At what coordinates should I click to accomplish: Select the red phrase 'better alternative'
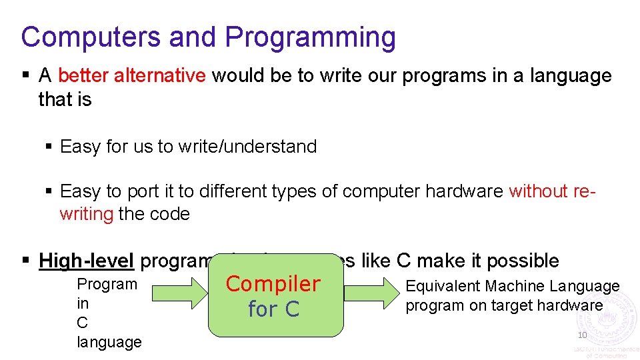pos(132,75)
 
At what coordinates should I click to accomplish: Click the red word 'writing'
pos(87,214)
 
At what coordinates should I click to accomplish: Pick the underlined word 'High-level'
pos(87,261)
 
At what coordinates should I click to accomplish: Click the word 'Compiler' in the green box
pos(273,284)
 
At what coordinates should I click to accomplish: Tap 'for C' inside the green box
pos(273,309)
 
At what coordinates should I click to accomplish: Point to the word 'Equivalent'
pos(443,287)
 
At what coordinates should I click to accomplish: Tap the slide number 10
pos(582,335)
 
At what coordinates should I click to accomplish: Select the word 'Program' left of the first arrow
pos(107,284)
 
